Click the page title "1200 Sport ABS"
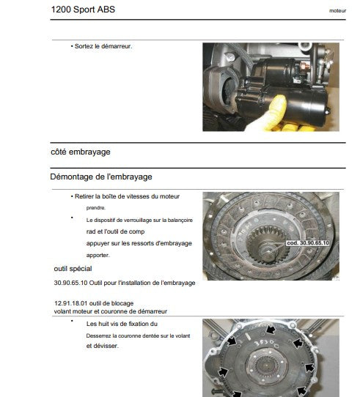click(x=83, y=10)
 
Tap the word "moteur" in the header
click(x=337, y=11)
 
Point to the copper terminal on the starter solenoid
click(x=304, y=67)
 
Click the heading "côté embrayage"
click(x=81, y=152)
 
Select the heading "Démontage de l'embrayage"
click(x=101, y=177)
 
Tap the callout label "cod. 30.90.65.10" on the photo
click(x=307, y=243)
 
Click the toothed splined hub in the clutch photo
click(x=268, y=245)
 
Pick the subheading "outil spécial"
click(x=73, y=269)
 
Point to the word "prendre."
click(x=96, y=208)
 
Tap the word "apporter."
click(x=98, y=255)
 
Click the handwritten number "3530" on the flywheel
click(x=264, y=343)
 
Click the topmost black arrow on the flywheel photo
click(x=271, y=330)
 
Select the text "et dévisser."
click(x=103, y=346)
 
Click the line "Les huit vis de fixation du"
click(x=122, y=324)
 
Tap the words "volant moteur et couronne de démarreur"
click(x=111, y=311)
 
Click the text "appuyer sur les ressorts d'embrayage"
click(x=139, y=244)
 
